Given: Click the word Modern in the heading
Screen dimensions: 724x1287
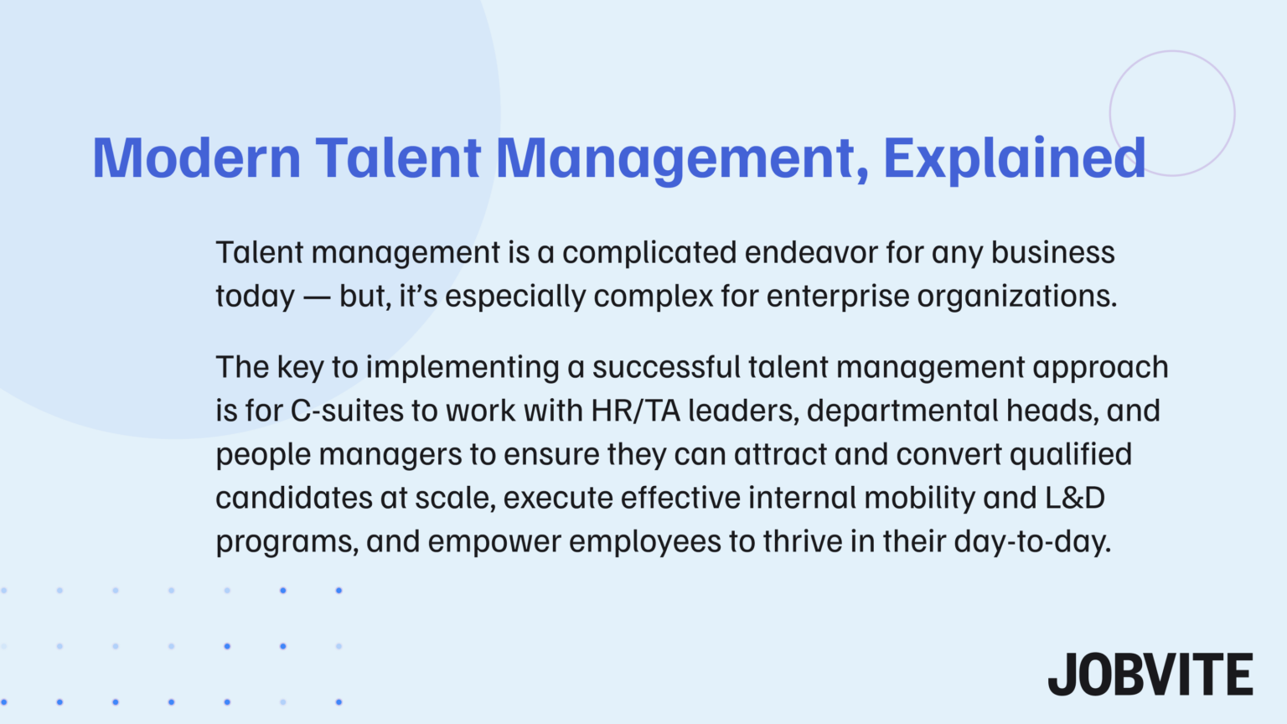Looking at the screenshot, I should [196, 158].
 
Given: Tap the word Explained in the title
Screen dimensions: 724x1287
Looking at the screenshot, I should [1014, 158].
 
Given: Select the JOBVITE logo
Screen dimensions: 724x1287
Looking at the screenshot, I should [1150, 675].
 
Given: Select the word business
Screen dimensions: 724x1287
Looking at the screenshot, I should [1053, 252].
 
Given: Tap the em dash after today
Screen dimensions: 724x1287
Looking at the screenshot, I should [317, 297].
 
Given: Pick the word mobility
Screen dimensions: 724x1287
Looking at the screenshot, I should [919, 498].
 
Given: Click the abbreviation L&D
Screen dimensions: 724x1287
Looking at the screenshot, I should [1075, 498].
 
